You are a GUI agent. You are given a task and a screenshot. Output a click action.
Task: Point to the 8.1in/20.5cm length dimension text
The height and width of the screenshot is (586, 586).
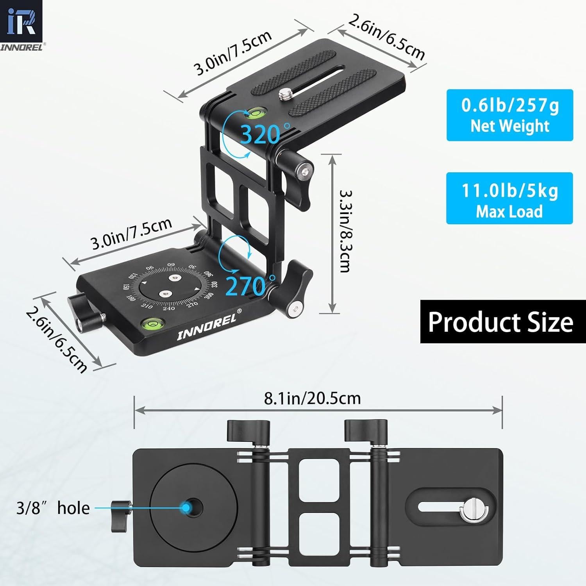click(312, 398)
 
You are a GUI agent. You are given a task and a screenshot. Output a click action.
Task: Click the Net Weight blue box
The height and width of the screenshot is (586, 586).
click(509, 115)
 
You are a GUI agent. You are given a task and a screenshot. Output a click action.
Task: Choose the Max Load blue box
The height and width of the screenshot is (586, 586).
click(509, 198)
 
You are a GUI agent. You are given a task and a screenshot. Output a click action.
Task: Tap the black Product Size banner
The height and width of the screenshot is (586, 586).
click(500, 322)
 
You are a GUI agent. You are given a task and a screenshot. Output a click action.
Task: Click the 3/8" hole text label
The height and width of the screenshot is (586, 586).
click(53, 508)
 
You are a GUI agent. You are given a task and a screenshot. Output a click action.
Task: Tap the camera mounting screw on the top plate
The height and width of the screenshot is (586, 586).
click(284, 94)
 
